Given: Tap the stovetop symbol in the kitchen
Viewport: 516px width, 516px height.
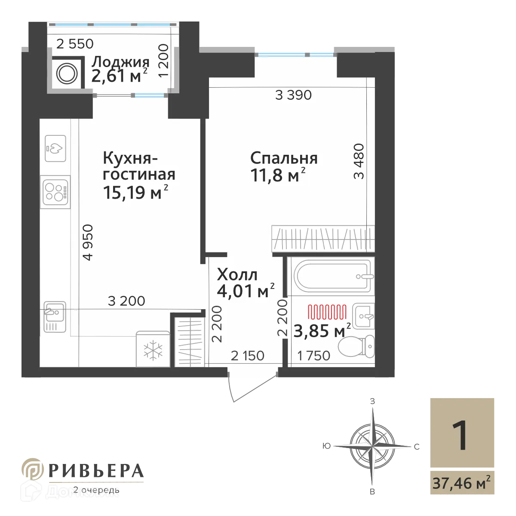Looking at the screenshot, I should point(55,191).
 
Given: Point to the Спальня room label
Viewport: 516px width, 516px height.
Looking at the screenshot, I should point(284,158).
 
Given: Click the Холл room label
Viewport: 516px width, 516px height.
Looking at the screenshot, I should point(237,274).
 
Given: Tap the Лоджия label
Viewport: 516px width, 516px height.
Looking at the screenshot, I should point(120,62).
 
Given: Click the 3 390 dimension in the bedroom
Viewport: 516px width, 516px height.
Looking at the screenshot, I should point(293,95).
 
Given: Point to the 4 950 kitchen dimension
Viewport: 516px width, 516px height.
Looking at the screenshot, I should point(89,243).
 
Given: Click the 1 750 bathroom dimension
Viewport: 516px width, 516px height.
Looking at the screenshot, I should point(314,356).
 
